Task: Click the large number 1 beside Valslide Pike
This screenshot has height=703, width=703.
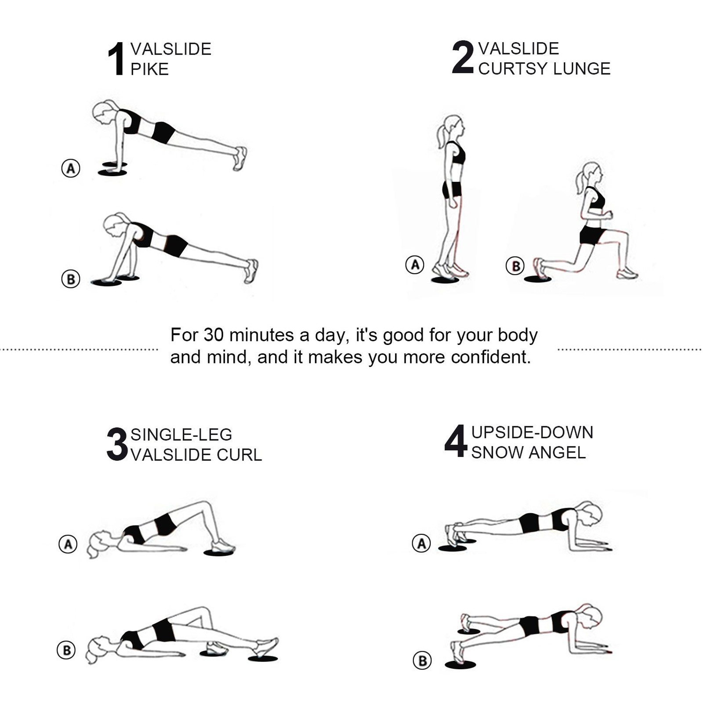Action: point(116,59)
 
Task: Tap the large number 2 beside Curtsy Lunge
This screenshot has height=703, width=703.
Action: point(463,57)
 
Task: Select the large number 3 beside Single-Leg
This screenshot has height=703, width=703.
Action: point(117,444)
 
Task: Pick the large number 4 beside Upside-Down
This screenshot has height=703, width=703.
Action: point(455,441)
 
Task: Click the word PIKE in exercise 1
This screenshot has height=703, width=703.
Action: point(149,69)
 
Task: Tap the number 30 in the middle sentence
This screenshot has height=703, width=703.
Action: point(214,335)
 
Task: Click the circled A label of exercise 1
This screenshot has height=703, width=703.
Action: point(71,168)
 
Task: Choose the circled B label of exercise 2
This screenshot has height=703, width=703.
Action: point(515,266)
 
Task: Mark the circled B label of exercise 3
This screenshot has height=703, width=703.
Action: point(66,650)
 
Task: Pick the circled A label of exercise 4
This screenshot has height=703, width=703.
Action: point(421,544)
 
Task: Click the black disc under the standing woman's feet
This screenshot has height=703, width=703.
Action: point(445,280)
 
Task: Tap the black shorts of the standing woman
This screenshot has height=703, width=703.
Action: point(452,190)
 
